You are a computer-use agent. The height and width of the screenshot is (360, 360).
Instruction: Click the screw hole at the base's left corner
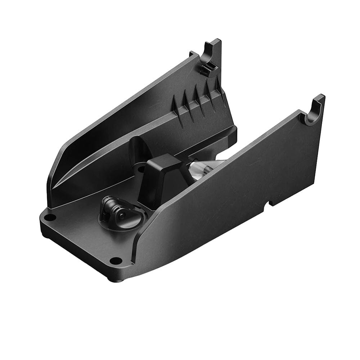50,217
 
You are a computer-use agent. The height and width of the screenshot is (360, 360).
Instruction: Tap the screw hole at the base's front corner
115,260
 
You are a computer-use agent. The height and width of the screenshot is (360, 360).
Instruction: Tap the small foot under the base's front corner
120,279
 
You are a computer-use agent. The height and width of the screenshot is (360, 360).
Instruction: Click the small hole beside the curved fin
141,168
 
